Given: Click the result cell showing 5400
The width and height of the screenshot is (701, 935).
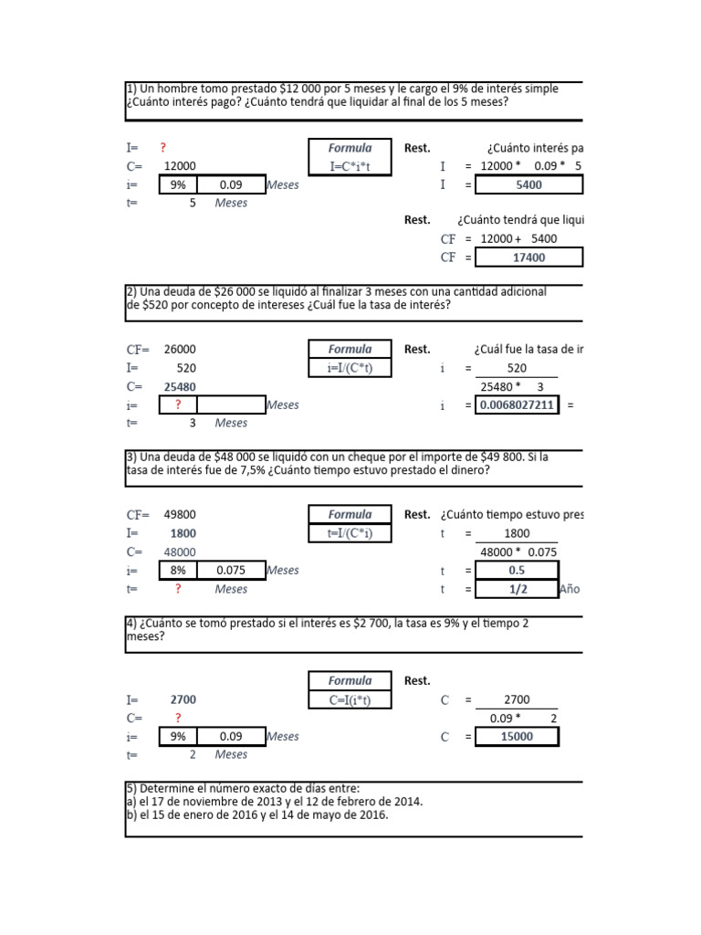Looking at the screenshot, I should pos(528,184).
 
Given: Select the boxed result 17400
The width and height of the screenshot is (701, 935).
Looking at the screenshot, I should pos(528,257).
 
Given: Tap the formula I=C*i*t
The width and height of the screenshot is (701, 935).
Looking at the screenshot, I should pos(351,166).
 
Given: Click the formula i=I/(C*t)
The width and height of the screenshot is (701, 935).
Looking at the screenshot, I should pos(351,368).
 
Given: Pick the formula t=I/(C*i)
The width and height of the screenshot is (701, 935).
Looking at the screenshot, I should pos(351,533).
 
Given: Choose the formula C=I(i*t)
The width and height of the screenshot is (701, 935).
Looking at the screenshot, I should pos(351,699).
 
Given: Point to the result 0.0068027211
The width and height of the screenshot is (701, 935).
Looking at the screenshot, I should pos(517,405).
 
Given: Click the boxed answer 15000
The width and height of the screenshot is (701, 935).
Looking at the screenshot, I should pos(517,737).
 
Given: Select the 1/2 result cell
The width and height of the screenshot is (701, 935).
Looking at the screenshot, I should pos(517,589).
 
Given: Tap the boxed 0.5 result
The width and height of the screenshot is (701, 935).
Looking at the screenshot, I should pos(517,571).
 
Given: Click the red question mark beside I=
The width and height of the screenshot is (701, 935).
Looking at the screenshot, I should pos(163,148).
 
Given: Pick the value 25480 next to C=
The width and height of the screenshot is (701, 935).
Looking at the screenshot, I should pos(179,386).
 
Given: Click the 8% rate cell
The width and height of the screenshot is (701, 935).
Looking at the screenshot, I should pos(178,571).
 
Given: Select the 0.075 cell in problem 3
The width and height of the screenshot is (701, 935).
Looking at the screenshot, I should pos(230,571).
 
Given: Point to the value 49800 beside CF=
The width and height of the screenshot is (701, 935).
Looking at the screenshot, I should pos(179,515).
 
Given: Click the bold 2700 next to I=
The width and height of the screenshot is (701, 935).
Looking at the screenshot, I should pos(182,699).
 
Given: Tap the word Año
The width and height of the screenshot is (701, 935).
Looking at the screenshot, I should pos(569,589).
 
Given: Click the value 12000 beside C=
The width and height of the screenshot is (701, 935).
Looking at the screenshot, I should pos(179,166).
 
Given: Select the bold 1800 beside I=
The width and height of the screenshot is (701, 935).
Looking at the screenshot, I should pos(182,533).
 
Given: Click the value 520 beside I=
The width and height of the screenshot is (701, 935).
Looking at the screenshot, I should pos(185,368).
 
